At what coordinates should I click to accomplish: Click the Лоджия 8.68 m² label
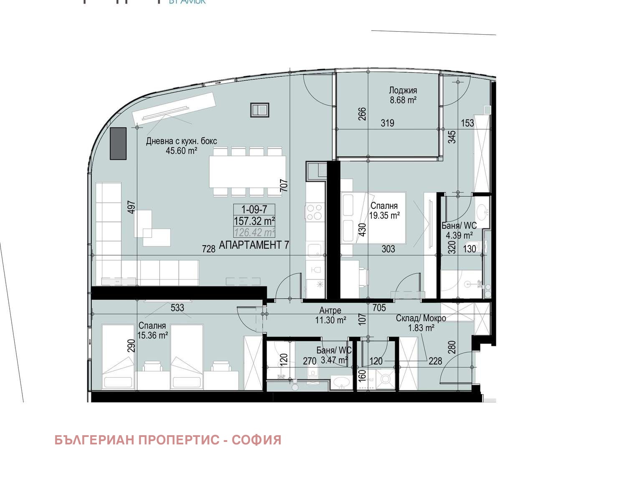click(x=403, y=95)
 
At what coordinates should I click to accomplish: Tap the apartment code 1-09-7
click(x=254, y=210)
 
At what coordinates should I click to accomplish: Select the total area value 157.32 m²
click(x=254, y=221)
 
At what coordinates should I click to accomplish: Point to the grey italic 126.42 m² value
click(x=254, y=232)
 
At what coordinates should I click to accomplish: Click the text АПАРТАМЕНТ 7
click(x=254, y=245)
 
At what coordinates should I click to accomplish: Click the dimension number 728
click(x=209, y=249)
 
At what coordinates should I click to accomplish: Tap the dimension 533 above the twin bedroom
click(x=177, y=308)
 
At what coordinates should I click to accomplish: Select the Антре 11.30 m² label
click(x=331, y=315)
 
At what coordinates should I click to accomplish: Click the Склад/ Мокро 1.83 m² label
click(x=421, y=323)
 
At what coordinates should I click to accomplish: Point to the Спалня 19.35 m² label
click(x=384, y=211)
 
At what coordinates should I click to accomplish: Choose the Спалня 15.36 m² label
click(x=152, y=330)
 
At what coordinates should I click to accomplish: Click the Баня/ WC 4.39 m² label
click(x=459, y=231)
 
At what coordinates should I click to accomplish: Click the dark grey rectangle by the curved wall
click(x=118, y=144)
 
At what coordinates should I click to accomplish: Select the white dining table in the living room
click(x=247, y=171)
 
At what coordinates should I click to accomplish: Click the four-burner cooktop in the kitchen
click(x=315, y=212)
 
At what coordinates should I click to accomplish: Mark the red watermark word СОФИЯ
click(x=256, y=440)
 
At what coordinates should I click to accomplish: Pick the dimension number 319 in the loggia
click(x=387, y=123)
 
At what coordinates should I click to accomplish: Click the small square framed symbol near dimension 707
click(x=260, y=110)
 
